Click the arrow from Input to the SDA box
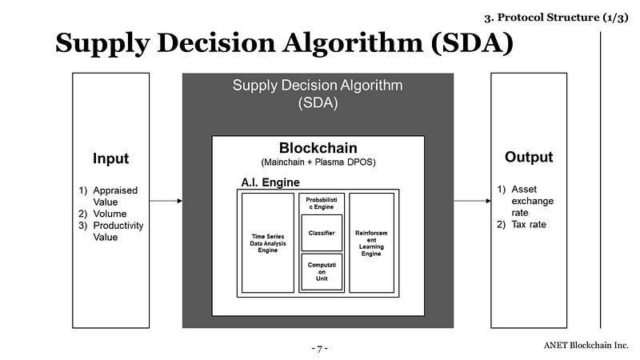click(x=166, y=201)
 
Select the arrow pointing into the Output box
click(x=472, y=201)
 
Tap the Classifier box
click(x=322, y=233)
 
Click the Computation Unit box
click(x=322, y=272)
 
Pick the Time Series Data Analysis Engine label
click(x=268, y=243)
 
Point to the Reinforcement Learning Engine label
click(x=371, y=243)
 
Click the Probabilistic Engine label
click(x=322, y=203)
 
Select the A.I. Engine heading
click(x=270, y=182)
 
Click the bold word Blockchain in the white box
click(x=318, y=148)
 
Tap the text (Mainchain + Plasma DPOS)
click(x=318, y=162)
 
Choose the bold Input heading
click(x=110, y=158)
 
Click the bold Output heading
click(x=529, y=157)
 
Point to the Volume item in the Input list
click(x=110, y=214)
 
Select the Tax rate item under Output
click(x=529, y=225)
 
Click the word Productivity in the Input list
click(x=118, y=226)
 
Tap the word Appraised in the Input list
click(x=115, y=190)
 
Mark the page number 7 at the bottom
click(x=319, y=349)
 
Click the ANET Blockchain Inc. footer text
click(x=586, y=346)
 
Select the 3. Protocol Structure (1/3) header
click(x=556, y=18)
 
